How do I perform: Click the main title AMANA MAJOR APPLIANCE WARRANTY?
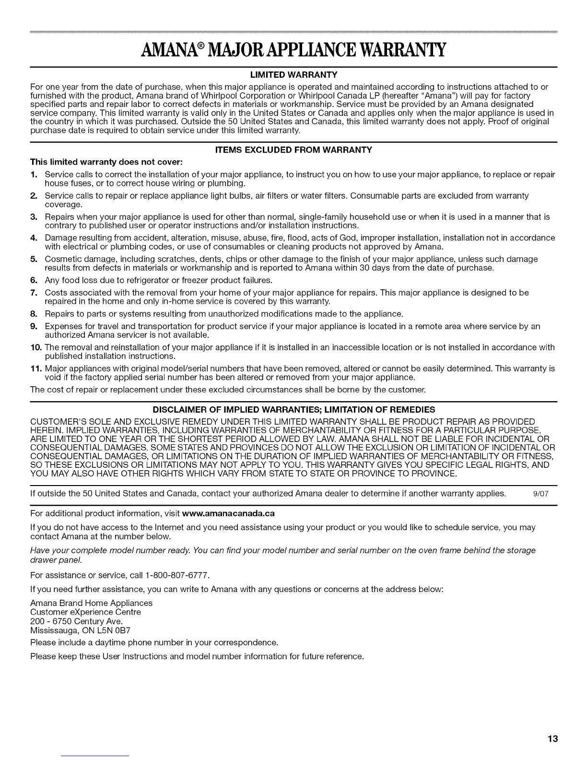click(293, 50)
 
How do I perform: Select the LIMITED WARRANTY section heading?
click(293, 75)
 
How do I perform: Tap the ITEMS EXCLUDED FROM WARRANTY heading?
click(293, 150)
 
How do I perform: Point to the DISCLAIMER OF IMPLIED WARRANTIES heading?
click(293, 410)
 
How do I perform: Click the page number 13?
click(553, 739)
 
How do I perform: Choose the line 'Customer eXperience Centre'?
click(85, 612)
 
